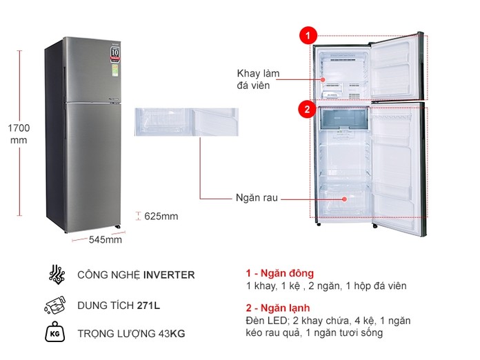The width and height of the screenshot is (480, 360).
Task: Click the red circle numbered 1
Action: pyautogui.click(x=307, y=35)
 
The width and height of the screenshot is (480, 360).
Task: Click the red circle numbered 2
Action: pyautogui.click(x=307, y=108)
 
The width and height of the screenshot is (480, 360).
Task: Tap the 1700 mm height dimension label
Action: pyautogui.click(x=19, y=134)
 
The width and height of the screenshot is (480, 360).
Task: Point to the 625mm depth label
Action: pyautogui.click(x=161, y=217)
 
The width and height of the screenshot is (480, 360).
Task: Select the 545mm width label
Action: pyautogui.click(x=105, y=240)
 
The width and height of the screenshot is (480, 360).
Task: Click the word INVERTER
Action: pyautogui.click(x=169, y=274)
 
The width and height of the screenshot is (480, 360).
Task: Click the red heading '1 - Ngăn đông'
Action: pyautogui.click(x=279, y=273)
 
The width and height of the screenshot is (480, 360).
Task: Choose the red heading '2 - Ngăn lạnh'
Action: pyautogui.click(x=278, y=308)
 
